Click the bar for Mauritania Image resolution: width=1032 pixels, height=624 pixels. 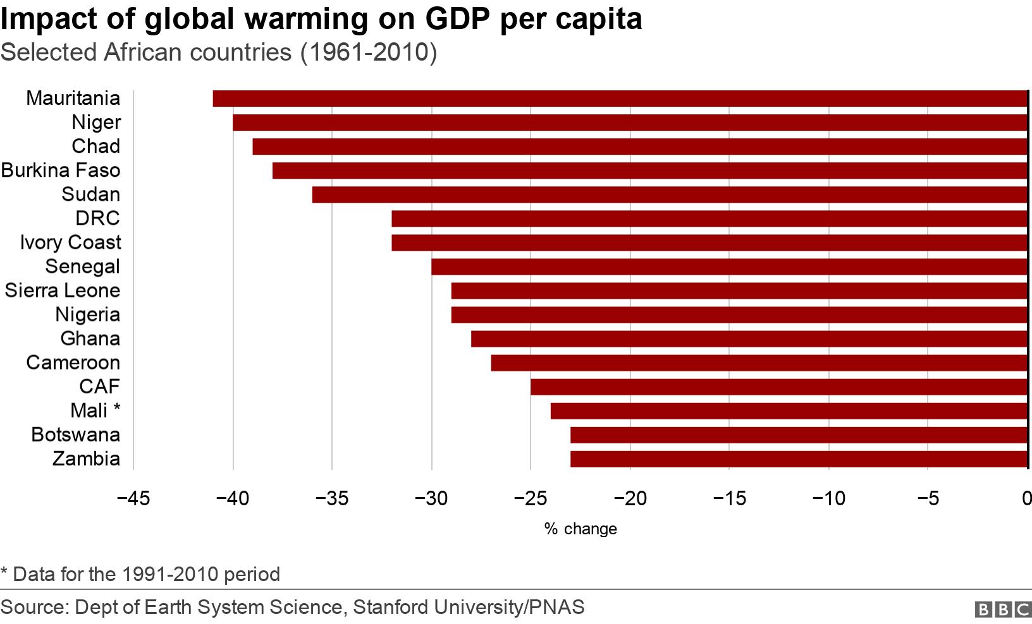click(x=620, y=99)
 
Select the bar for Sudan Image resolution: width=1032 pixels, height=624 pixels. click(x=669, y=195)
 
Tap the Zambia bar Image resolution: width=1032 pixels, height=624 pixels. click(x=798, y=459)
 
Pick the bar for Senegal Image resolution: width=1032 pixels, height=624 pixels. click(x=728, y=267)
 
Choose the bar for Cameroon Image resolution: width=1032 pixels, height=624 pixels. click(x=758, y=363)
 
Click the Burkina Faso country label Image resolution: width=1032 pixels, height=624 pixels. click(x=61, y=171)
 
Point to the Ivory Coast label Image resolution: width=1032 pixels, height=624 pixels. click(x=70, y=243)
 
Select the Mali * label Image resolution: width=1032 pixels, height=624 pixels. click(x=95, y=411)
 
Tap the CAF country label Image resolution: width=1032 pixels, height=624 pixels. click(x=99, y=387)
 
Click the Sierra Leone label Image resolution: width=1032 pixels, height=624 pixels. click(x=62, y=291)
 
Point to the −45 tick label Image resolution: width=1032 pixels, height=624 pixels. click(x=133, y=499)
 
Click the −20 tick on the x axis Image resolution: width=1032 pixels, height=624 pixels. click(x=629, y=499)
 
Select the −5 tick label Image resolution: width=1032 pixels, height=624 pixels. click(x=927, y=499)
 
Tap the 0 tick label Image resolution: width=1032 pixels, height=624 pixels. click(x=1026, y=499)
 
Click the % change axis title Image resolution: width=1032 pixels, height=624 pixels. click(x=580, y=529)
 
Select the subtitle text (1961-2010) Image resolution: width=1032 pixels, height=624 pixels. click(x=368, y=52)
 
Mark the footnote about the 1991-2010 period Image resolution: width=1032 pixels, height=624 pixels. click(x=140, y=574)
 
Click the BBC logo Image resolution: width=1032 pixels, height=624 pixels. click(x=1003, y=609)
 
